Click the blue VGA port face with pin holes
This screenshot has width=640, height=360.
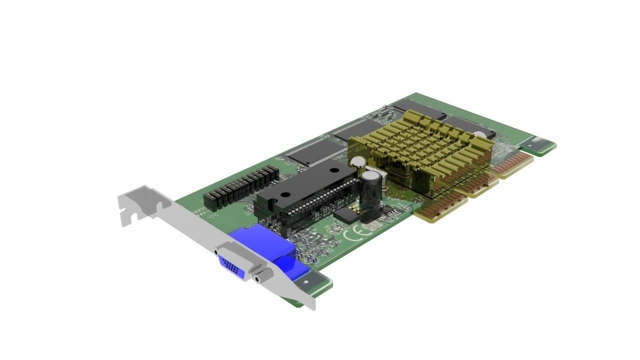coord(231,266)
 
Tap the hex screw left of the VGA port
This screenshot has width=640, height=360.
coord(216,253)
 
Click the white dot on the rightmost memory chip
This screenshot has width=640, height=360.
coord(479,134)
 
